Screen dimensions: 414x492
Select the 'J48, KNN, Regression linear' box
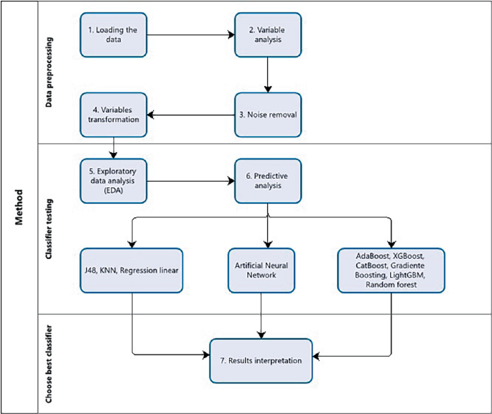[x=131, y=270]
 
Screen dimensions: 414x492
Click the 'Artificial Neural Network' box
[x=262, y=270]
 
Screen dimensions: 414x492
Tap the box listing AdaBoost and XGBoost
[x=391, y=270]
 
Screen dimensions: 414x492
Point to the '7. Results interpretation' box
[x=262, y=359]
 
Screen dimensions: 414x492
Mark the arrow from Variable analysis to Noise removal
[x=267, y=75]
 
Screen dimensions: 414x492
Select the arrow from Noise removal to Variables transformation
[x=190, y=114]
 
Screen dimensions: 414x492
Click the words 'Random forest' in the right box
[x=391, y=284]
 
